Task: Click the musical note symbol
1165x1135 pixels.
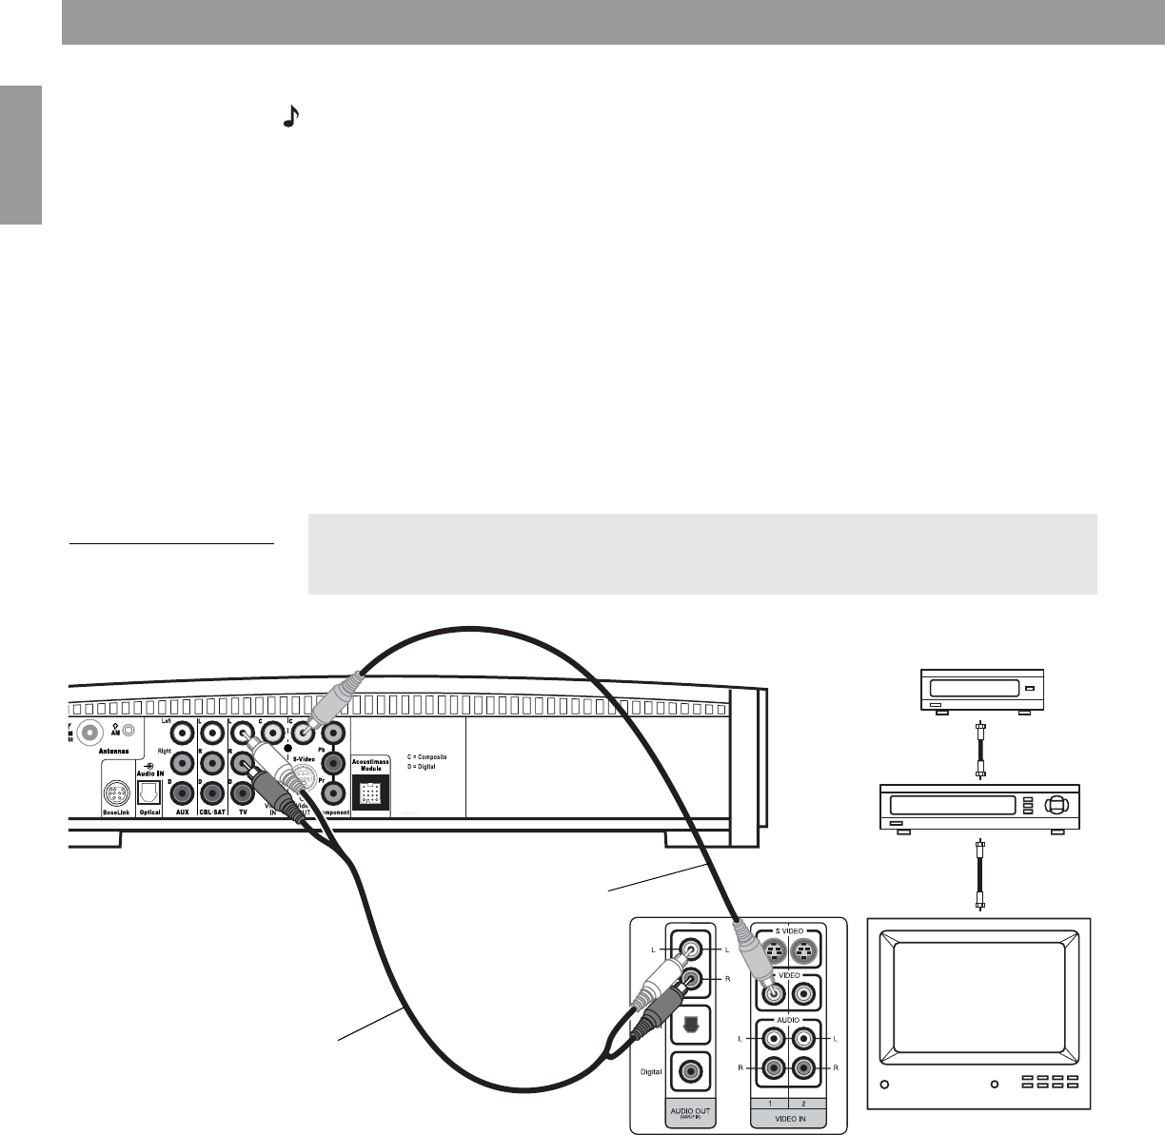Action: coord(292,116)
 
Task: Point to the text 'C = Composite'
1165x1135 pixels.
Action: coord(420,756)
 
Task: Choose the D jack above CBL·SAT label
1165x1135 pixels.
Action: coord(210,792)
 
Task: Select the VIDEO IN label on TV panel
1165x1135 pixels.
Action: coord(788,1119)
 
